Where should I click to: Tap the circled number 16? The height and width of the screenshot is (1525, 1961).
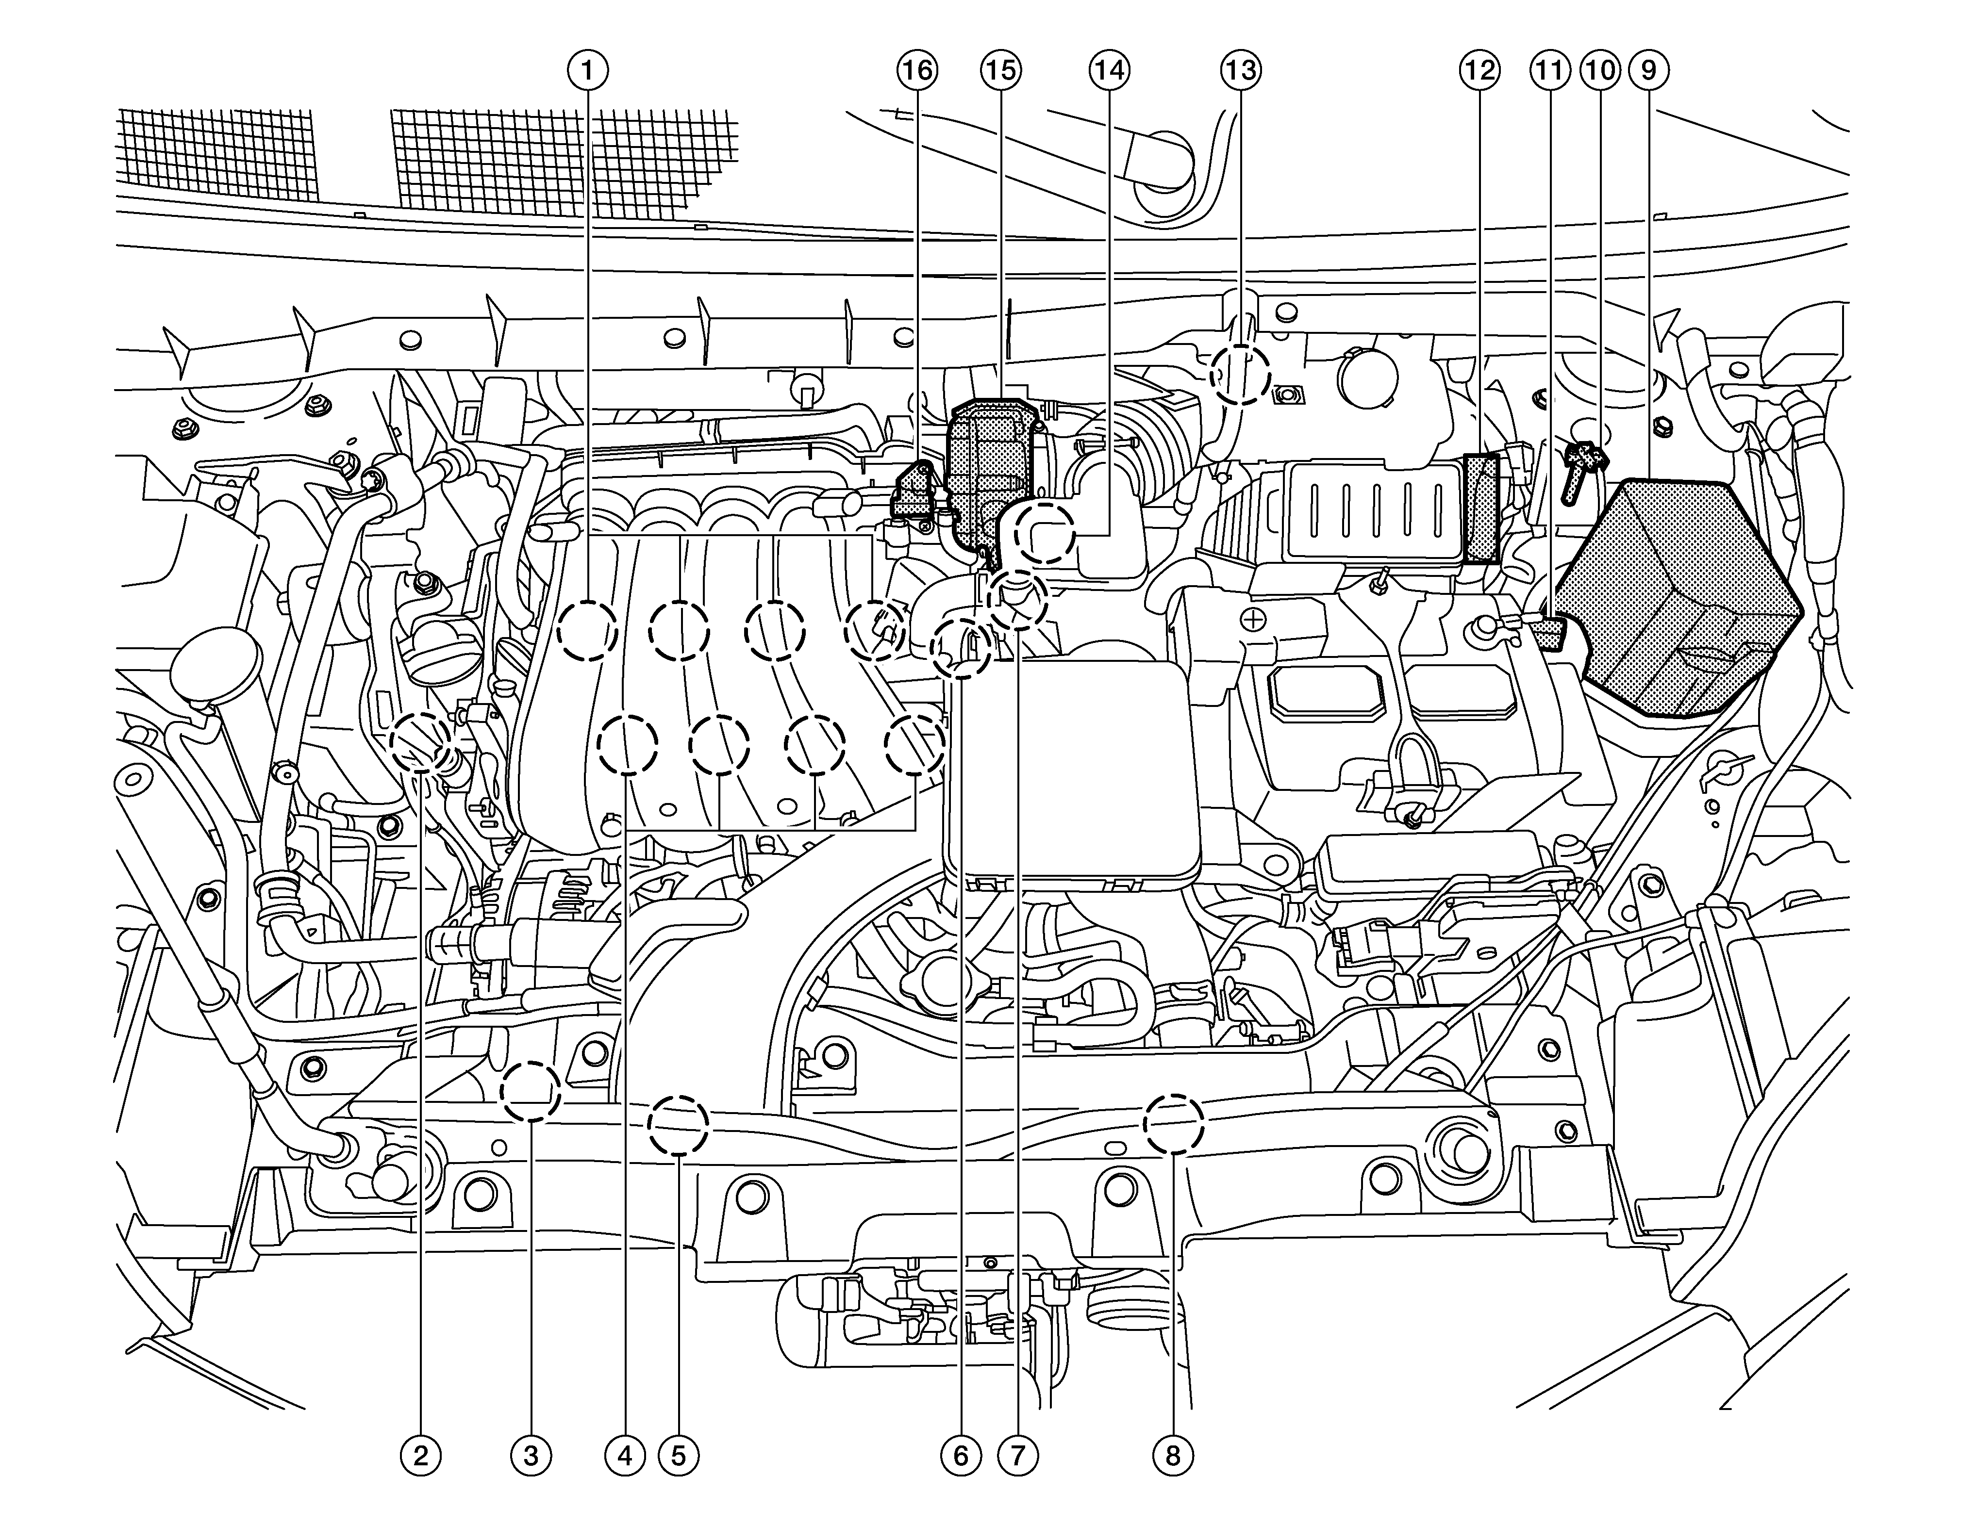click(917, 70)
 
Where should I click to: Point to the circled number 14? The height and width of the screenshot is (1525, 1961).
click(1110, 70)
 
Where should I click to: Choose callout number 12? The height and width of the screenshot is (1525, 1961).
click(1479, 70)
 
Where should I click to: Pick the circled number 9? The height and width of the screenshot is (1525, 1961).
click(1648, 70)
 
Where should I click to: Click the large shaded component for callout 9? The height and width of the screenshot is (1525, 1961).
click(1670, 592)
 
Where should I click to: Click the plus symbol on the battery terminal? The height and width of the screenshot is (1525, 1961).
click(1254, 619)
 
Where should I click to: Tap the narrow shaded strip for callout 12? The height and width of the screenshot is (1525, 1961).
click(1481, 507)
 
